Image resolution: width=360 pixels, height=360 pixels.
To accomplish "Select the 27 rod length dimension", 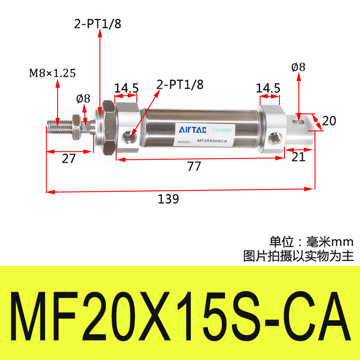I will click(68, 158).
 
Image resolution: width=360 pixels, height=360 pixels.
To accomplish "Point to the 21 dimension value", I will click(298, 157).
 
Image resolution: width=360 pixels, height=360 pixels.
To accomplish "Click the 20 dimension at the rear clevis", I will click(329, 121).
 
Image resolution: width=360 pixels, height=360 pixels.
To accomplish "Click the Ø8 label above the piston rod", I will click(84, 98).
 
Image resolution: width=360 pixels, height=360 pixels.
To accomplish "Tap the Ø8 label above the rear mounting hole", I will click(298, 67).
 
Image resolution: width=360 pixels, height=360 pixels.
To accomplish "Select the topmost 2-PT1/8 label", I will click(98, 25).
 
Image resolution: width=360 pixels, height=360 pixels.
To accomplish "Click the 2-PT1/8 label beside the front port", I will click(180, 84).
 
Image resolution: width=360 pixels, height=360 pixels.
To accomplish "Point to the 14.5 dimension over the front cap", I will click(126, 88).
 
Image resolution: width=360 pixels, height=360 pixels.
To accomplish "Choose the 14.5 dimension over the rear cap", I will click(268, 88).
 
